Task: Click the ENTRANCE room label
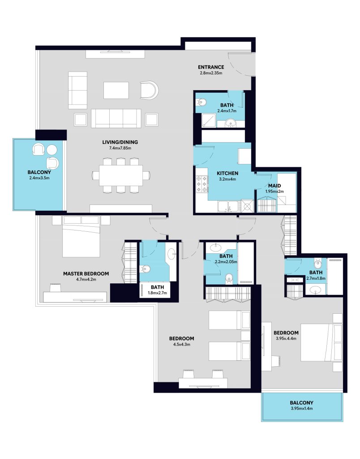[211, 67]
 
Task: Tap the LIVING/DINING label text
[120, 142]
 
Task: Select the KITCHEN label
[227, 173]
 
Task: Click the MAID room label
[274, 186]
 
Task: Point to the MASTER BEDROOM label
[86, 274]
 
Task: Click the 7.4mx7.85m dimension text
[120, 148]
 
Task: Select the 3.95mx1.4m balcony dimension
[302, 408]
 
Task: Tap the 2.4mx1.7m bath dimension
[227, 111]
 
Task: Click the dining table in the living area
[121, 175]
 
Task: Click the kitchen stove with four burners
[202, 184]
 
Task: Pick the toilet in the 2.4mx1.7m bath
[202, 102]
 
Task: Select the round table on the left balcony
[52, 150]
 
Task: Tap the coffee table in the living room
[116, 91]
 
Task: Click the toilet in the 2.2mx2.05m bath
[229, 279]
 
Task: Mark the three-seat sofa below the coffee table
[116, 118]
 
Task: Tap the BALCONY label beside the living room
[39, 173]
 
